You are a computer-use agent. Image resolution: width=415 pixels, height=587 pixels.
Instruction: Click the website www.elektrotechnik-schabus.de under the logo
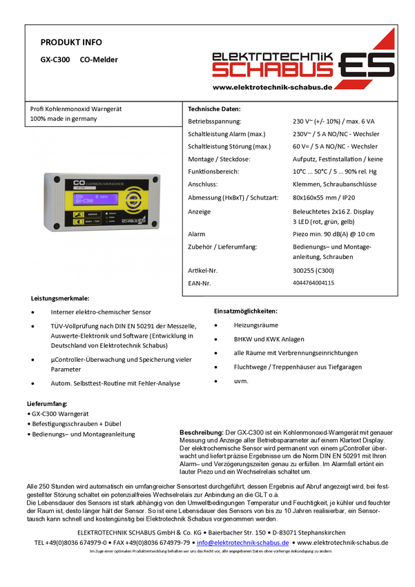(x=273, y=87)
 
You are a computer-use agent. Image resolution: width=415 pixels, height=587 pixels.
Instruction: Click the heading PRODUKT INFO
(x=71, y=42)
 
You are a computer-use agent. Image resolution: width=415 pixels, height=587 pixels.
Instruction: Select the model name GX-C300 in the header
(x=55, y=60)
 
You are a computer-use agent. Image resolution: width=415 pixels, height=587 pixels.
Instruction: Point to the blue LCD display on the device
(x=93, y=200)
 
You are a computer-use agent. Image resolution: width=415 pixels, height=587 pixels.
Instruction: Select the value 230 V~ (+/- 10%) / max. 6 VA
(x=334, y=122)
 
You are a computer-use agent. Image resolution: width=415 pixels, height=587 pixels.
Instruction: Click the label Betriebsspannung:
(x=215, y=122)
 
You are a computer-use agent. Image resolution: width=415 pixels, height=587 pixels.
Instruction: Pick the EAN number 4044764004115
(x=313, y=283)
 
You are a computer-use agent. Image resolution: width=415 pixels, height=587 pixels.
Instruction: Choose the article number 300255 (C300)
(x=313, y=271)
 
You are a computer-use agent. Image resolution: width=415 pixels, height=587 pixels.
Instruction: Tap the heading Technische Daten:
(x=214, y=109)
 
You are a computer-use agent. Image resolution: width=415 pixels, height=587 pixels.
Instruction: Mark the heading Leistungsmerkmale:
(x=60, y=299)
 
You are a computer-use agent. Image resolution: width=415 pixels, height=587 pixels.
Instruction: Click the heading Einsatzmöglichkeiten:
(x=246, y=311)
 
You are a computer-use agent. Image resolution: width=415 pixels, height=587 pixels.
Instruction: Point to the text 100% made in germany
(x=64, y=119)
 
